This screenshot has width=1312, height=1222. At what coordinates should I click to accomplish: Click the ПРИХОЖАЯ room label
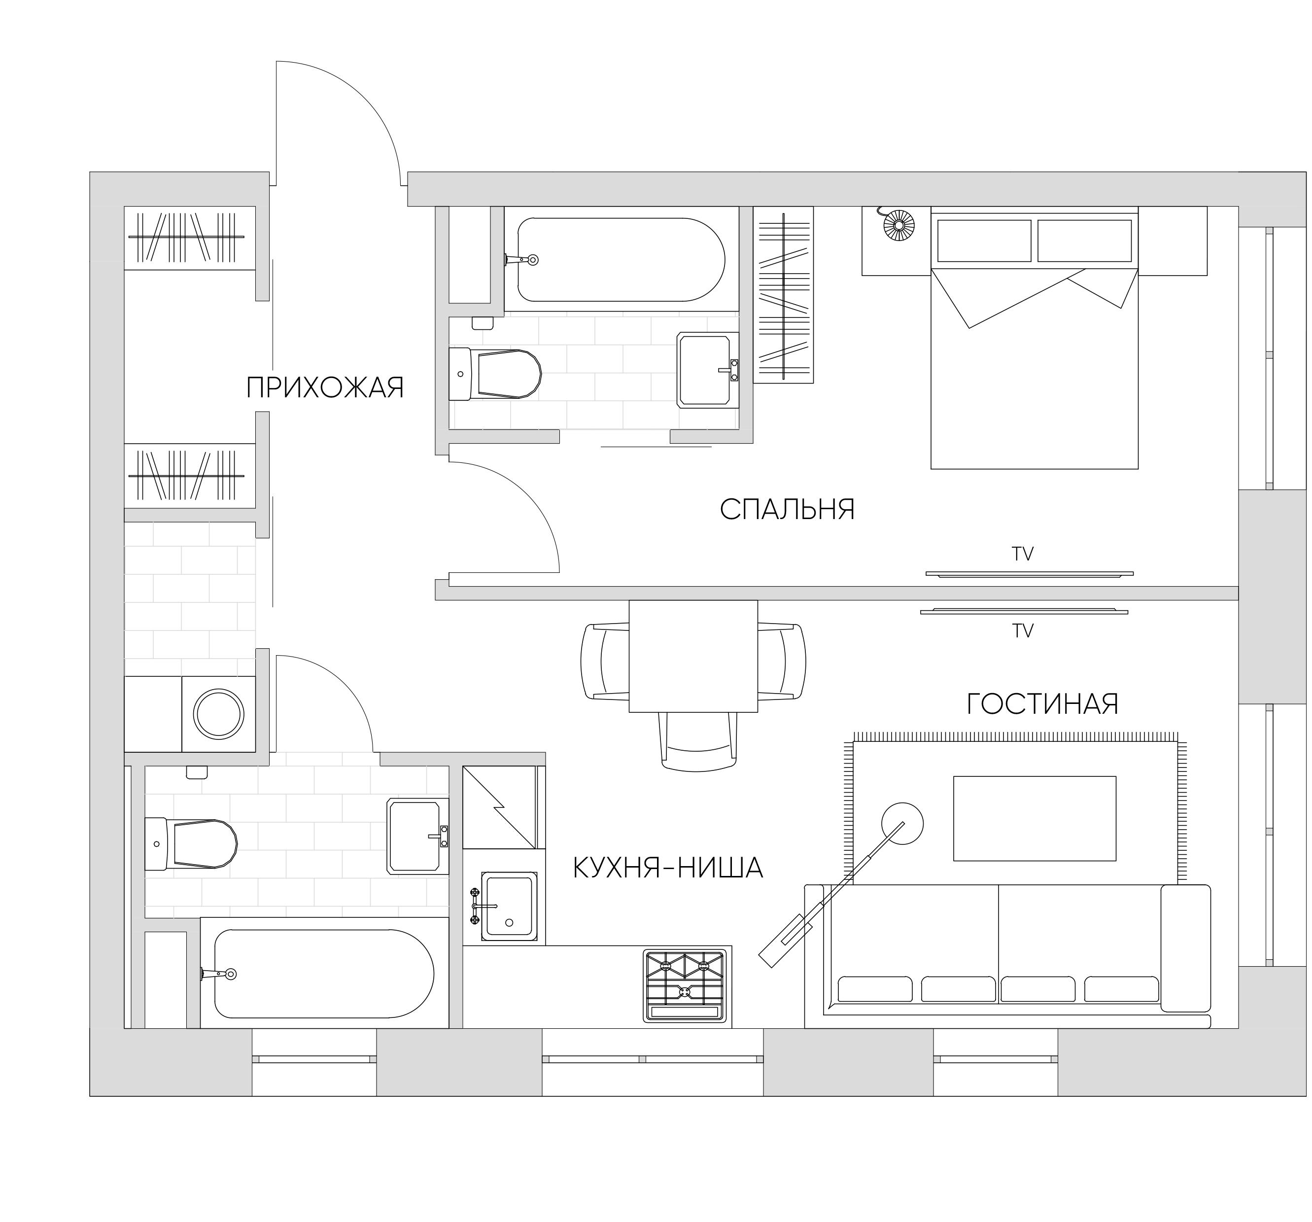point(325,388)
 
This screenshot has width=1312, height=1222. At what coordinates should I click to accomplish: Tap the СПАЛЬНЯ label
point(787,510)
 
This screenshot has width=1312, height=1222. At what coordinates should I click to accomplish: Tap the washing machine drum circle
point(218,714)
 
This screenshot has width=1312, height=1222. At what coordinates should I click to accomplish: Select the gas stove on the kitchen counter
point(685,986)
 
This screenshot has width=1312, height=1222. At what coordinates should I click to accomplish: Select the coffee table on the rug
point(1034,819)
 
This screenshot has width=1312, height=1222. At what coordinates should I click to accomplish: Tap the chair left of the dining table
point(603,661)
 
